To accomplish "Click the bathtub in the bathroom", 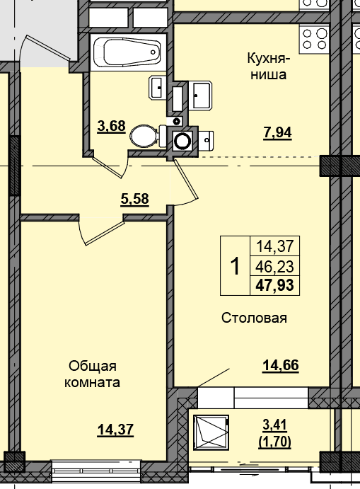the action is tap(129, 52).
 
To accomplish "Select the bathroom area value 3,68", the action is tap(111, 126).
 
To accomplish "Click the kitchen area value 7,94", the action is tap(277, 133).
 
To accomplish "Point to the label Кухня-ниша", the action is tap(268, 67).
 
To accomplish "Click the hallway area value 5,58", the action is tap(134, 199).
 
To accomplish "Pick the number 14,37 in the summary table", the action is tap(275, 246).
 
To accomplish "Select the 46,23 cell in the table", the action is tap(275, 266).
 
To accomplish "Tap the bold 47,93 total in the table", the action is tap(275, 285).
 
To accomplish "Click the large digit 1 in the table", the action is tap(235, 266).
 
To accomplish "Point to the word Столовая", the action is tap(254, 318).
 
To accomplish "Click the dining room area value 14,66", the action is tap(281, 365).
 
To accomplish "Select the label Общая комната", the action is tap(92, 374).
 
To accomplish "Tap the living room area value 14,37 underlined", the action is tap(115, 430).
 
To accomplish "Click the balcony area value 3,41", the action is tap(274, 425).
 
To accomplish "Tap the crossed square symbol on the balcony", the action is tap(211, 432).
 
